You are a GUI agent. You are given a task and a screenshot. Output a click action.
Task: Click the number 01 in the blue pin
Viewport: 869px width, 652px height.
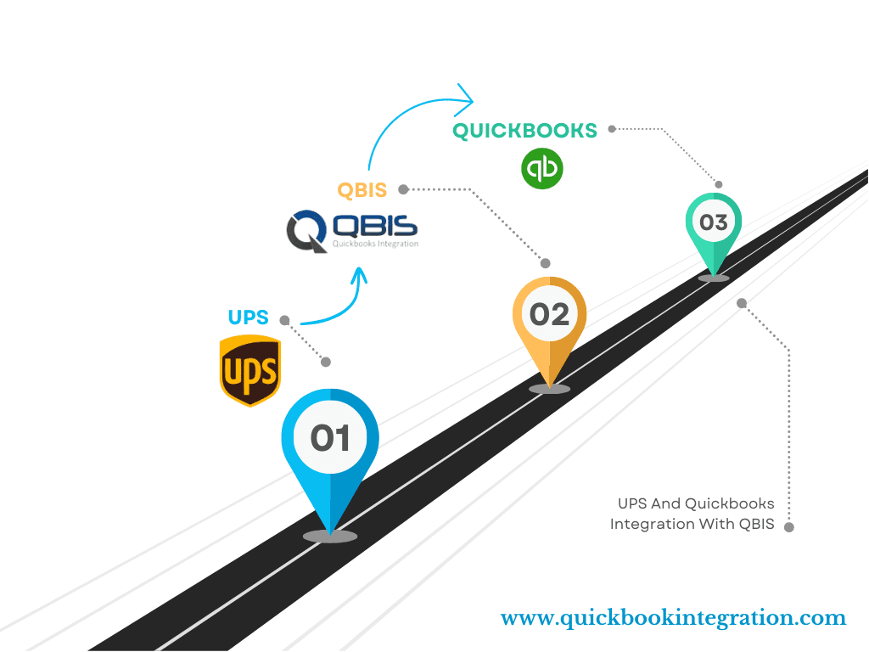click(x=330, y=438)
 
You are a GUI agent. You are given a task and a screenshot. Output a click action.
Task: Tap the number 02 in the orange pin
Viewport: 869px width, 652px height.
click(x=549, y=314)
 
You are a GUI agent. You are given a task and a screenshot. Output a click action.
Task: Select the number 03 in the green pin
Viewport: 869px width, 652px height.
click(x=714, y=222)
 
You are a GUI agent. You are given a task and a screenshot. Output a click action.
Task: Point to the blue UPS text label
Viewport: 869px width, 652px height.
click(x=248, y=318)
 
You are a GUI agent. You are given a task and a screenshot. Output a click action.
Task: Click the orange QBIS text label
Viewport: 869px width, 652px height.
click(x=362, y=189)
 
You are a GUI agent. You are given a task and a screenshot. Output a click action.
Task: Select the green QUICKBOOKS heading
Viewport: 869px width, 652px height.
click(x=524, y=131)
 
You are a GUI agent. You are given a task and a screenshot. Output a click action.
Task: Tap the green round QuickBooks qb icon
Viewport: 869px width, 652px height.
click(x=542, y=167)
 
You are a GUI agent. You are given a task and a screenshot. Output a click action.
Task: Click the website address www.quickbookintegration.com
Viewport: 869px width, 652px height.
click(x=673, y=618)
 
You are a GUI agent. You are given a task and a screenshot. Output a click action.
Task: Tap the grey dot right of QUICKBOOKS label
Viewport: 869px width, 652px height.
click(x=612, y=129)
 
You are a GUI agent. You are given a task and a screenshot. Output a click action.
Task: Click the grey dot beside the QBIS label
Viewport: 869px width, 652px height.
click(x=403, y=188)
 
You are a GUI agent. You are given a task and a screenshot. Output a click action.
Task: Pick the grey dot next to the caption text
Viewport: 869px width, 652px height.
click(x=789, y=527)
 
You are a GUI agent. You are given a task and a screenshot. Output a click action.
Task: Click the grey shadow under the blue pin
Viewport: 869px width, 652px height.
click(x=330, y=536)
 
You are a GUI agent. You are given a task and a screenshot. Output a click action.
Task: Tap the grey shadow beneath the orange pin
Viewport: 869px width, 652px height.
click(x=549, y=389)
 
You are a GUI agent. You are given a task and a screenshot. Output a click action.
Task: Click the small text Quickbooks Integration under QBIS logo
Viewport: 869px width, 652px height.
click(x=375, y=244)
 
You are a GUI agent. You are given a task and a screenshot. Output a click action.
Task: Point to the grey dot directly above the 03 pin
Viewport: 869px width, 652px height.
click(x=719, y=183)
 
